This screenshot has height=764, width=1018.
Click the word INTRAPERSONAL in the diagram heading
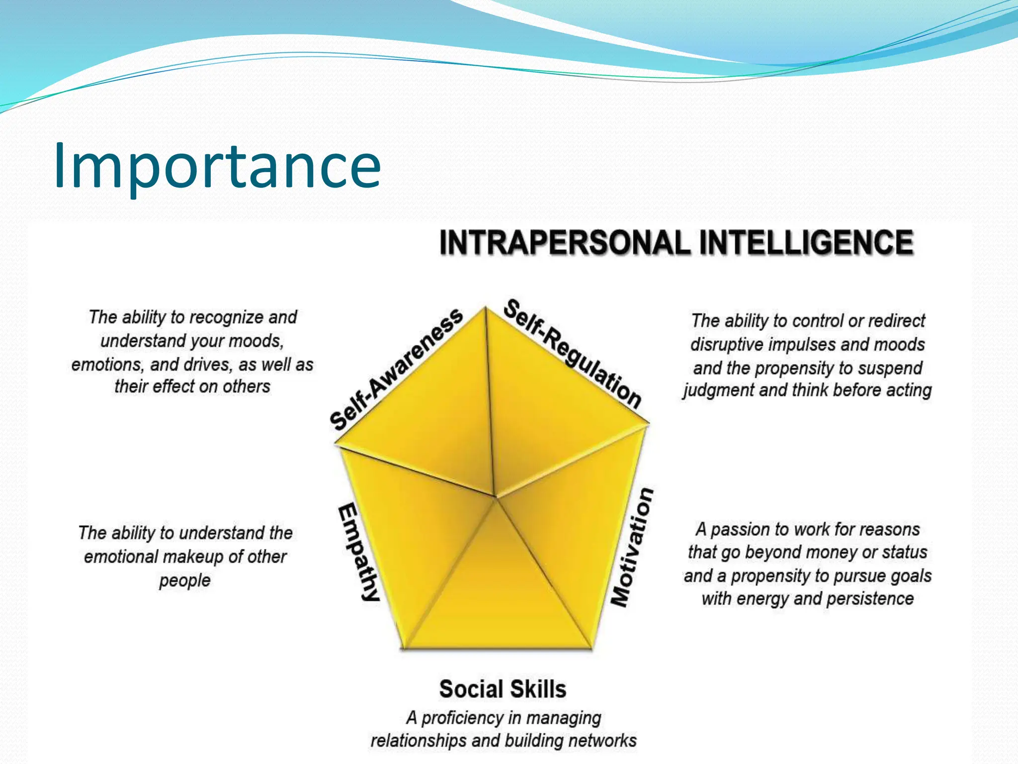click(565, 243)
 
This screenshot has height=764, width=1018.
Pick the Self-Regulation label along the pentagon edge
click(572, 353)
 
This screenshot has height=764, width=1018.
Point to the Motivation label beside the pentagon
click(632, 547)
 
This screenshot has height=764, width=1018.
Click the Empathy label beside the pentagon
click(359, 552)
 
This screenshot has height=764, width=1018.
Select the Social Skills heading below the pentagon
click(503, 689)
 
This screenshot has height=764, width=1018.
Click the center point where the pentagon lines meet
click(495, 496)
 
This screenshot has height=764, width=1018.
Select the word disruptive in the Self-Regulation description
click(724, 345)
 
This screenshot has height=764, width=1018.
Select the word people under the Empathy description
click(185, 580)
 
